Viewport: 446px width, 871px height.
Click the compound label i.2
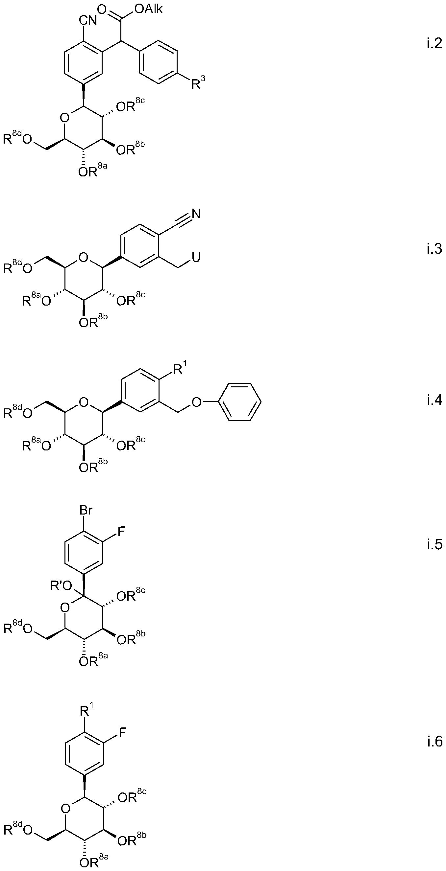click(x=434, y=44)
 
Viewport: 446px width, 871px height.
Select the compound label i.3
click(x=434, y=249)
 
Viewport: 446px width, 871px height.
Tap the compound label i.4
click(x=434, y=400)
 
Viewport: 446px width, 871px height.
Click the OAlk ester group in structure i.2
click(x=149, y=9)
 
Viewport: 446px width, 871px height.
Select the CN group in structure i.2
click(x=88, y=20)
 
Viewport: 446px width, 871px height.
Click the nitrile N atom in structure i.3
click(x=196, y=214)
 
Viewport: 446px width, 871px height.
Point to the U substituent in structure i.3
click(x=196, y=258)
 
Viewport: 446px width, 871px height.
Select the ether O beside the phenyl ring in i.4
click(x=196, y=402)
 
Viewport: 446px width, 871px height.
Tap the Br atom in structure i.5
click(x=86, y=510)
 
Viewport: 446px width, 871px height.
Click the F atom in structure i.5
click(x=121, y=532)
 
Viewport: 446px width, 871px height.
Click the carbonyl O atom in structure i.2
click(x=102, y=9)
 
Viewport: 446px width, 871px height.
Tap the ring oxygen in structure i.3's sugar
click(x=83, y=258)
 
